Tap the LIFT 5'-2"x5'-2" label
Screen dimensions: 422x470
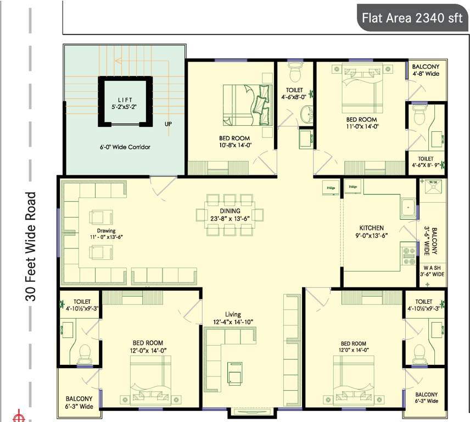point(125,103)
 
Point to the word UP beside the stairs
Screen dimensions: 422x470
point(168,124)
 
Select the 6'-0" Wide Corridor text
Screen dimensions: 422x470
point(125,147)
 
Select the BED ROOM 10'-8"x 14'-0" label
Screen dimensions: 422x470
point(234,142)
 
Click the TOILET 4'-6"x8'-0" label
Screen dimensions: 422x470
point(294,94)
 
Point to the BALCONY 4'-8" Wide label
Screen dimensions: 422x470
point(425,69)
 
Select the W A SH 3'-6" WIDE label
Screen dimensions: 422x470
point(432,270)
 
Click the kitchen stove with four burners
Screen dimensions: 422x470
point(409,256)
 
